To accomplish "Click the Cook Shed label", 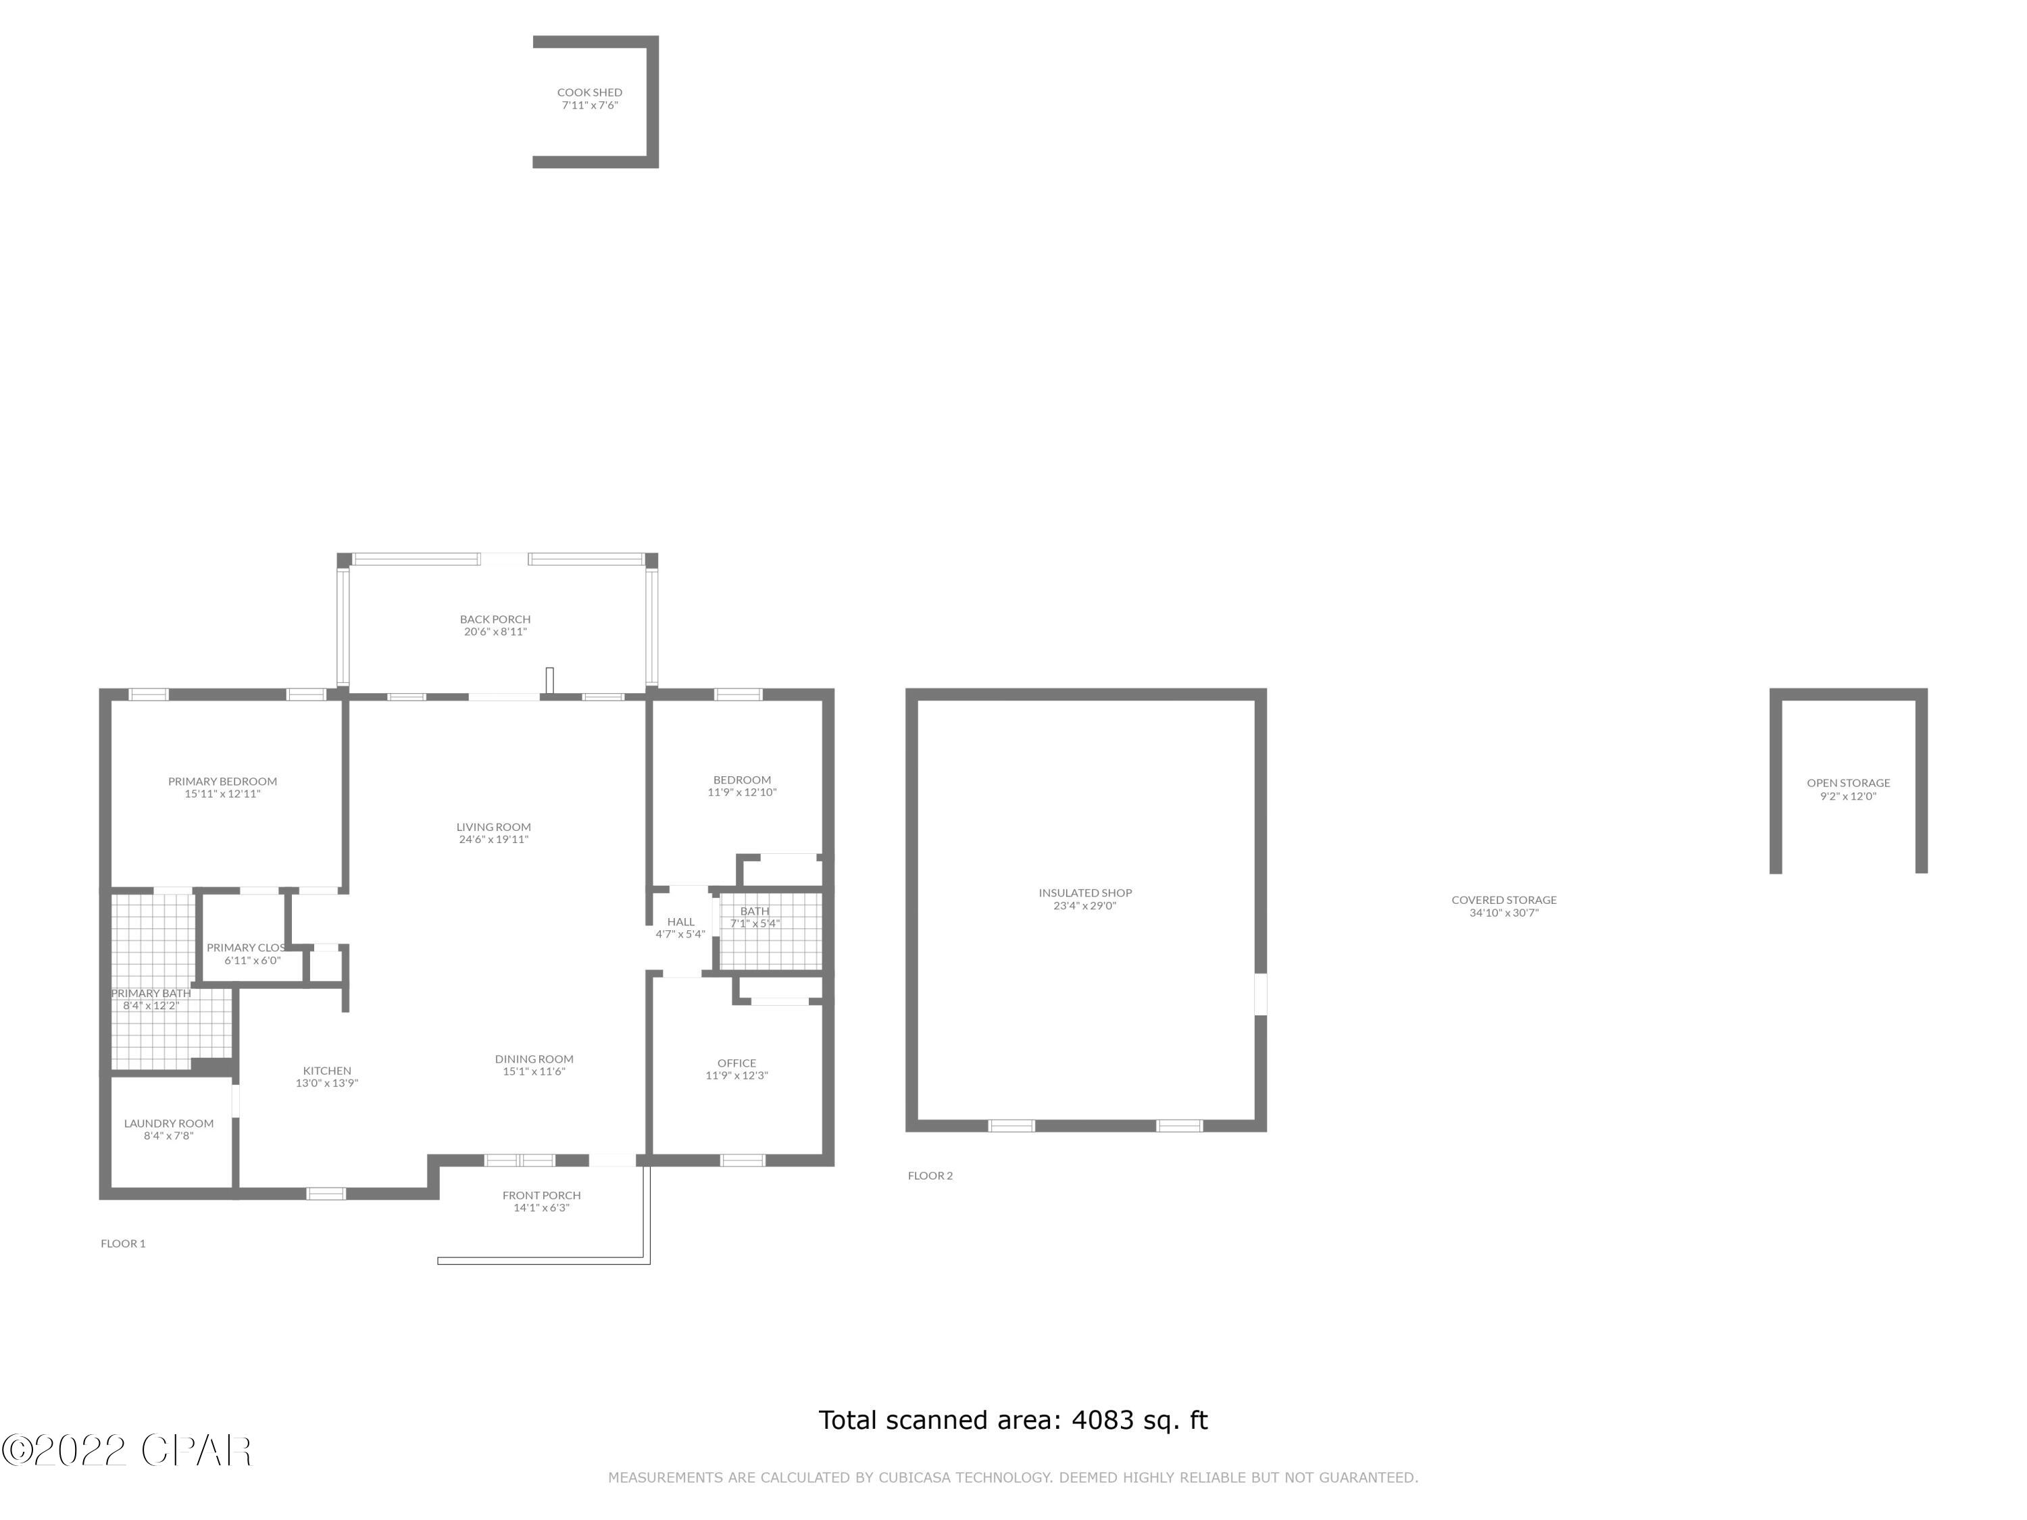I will pos(589,93).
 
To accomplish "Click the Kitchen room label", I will pos(327,1071).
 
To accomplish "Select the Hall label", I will pos(681,921).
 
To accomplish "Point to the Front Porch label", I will pos(542,1196).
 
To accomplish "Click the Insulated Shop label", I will pos(1085,893).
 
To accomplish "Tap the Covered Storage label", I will pos(1504,901).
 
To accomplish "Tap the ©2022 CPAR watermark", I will pos(126,1450).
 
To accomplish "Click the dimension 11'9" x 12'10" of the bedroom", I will pos(741,792).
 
